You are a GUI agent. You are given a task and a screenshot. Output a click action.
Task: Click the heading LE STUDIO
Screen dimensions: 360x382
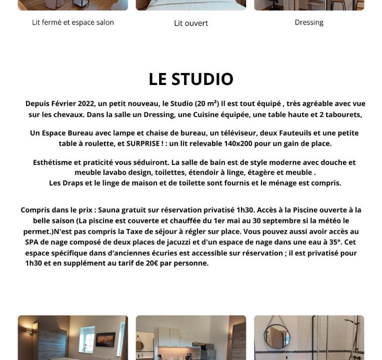(191, 79)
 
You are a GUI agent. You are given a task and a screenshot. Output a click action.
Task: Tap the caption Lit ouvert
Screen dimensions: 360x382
(191, 23)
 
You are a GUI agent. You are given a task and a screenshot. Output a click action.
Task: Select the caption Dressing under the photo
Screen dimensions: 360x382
(309, 22)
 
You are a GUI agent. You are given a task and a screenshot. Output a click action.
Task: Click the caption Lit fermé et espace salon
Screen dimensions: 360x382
(73, 22)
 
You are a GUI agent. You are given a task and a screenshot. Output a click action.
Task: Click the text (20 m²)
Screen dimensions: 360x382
(206, 104)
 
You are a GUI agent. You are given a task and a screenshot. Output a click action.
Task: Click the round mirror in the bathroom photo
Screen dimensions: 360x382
(276, 336)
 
